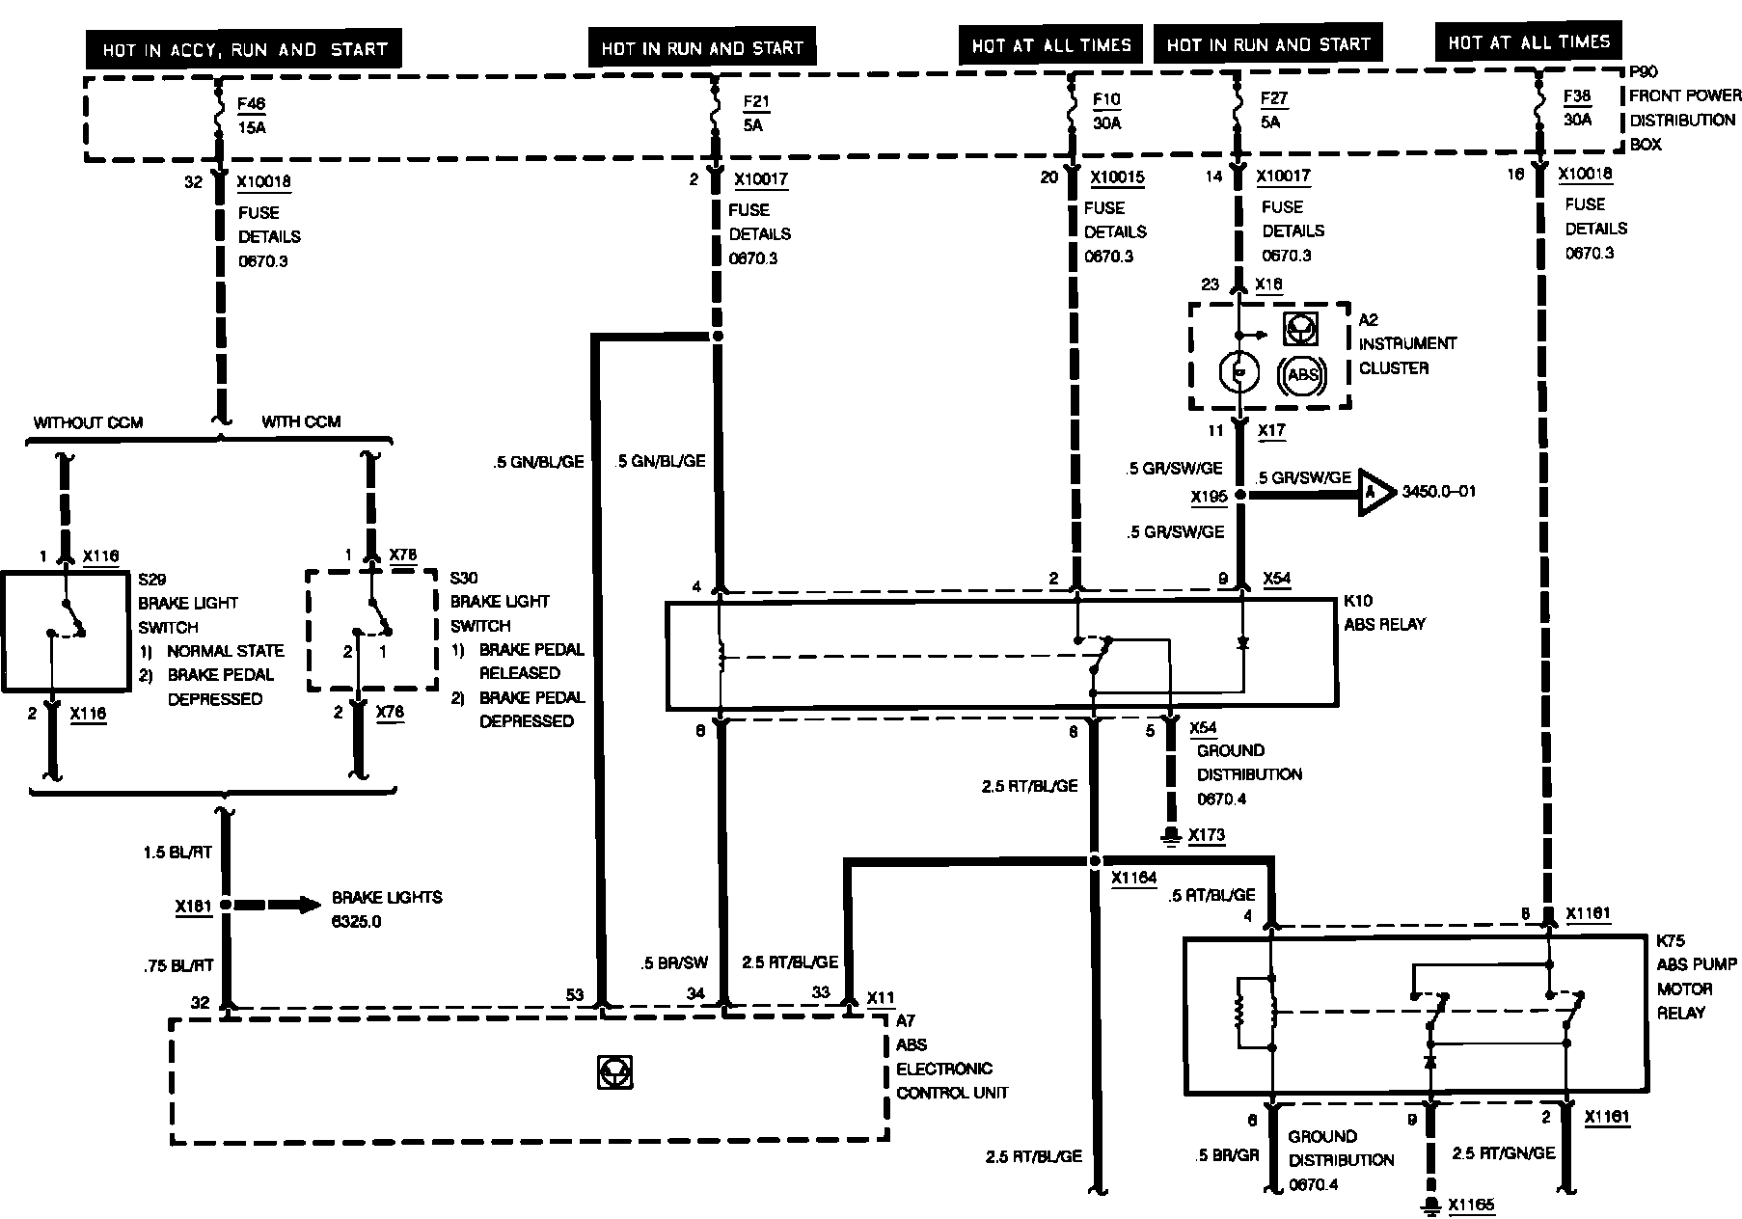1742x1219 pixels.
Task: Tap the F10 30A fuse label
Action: click(1106, 111)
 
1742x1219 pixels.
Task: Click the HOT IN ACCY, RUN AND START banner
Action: click(244, 48)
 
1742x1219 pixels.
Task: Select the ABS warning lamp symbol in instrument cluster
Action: click(1302, 374)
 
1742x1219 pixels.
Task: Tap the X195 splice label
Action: click(1209, 497)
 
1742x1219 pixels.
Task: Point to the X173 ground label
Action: click(1206, 835)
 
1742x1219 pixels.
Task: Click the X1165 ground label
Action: click(1472, 1205)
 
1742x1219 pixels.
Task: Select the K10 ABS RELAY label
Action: click(1384, 612)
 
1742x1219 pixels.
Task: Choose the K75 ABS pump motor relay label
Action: click(1696, 976)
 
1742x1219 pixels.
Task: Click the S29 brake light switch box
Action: click(66, 632)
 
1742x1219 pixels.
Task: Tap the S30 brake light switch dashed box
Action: click(372, 630)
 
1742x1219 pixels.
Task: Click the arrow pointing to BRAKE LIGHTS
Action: click(280, 905)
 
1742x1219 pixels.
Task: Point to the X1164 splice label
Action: click(1133, 879)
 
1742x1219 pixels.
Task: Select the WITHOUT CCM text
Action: click(88, 422)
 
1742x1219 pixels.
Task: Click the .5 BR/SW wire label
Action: click(674, 962)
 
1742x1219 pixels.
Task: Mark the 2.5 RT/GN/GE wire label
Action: click(1504, 1153)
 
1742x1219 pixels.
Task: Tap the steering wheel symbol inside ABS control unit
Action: click(613, 1072)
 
